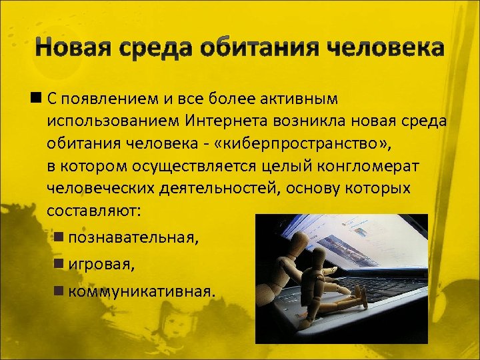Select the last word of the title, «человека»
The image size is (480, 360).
tap(386, 48)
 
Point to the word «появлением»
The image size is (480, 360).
tap(110, 100)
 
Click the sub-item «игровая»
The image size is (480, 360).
tap(101, 265)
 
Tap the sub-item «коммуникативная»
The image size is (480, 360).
tap(143, 291)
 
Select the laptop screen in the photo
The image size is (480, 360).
tap(360, 247)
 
